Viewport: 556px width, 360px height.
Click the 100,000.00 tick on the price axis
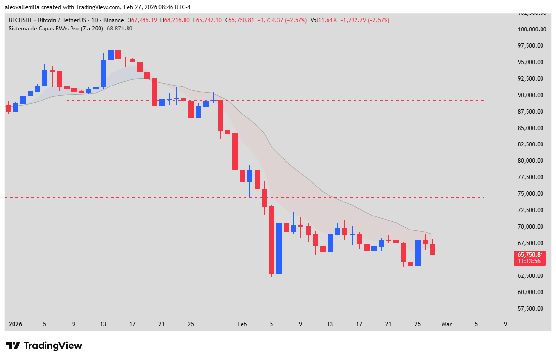[x=531, y=29]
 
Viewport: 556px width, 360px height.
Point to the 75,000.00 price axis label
[x=531, y=194]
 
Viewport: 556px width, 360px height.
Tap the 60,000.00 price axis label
[x=531, y=292]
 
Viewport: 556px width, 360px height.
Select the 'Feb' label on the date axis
[x=242, y=325]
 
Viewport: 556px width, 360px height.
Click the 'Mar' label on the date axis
[x=447, y=325]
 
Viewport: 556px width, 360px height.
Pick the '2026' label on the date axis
[x=15, y=325]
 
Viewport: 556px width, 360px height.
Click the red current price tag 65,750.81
[x=530, y=255]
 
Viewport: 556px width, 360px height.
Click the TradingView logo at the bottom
[x=44, y=346]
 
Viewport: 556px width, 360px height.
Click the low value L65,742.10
[x=208, y=20]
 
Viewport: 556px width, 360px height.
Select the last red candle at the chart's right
[x=433, y=249]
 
